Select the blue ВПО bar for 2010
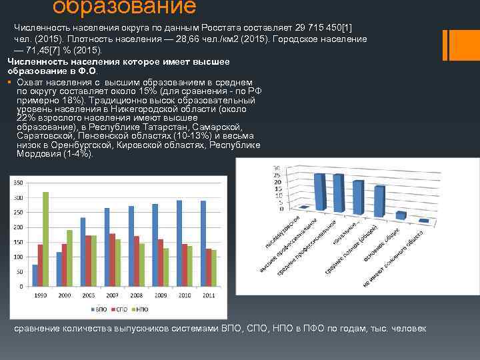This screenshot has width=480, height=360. [179, 243]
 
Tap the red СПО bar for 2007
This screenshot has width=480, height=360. [112, 259]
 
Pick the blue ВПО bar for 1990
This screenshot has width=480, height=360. [35, 275]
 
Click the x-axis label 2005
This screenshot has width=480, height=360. [87, 295]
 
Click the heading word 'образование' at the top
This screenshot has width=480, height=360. [124, 7]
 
